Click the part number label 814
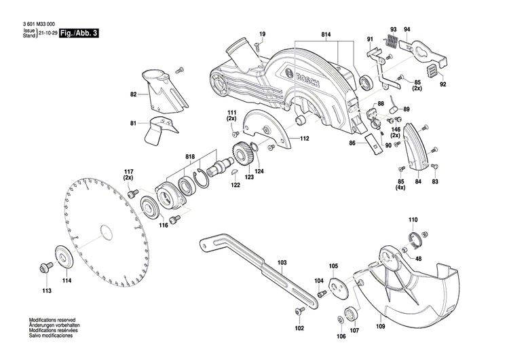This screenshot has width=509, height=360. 326,35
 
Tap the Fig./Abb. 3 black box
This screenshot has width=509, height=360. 79,33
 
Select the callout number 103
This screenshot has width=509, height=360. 282,262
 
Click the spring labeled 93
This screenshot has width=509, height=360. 392,41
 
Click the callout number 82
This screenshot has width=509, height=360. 134,95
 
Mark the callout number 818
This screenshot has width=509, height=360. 191,158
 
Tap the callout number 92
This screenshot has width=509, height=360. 442,85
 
